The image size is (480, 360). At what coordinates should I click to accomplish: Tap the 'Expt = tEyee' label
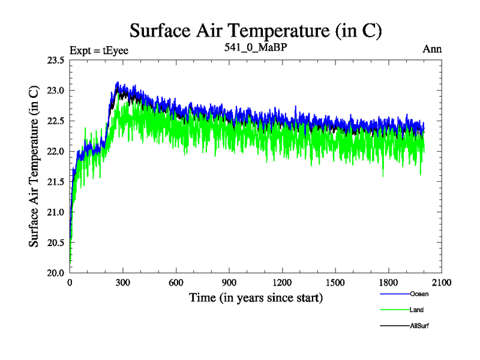99,50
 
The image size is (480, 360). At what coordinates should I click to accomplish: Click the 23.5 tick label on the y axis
55,60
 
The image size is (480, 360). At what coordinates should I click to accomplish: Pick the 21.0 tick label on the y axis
55,212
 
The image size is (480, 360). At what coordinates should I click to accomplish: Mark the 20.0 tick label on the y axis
55,272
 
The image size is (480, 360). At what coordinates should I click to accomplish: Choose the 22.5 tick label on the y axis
55,121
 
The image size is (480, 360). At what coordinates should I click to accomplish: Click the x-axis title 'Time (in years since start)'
256,298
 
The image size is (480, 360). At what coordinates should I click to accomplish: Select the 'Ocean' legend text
419,294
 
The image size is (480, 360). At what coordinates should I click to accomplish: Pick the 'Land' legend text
418,310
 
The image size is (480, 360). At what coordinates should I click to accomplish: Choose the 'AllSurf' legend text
421,325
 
